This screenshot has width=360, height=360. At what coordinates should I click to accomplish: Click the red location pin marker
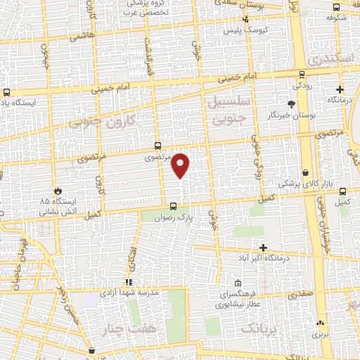tap(181, 165)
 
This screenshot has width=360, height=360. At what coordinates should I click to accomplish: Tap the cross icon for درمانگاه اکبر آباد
tap(264, 247)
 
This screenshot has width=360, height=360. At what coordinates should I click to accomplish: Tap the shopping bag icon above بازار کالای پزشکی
tap(306, 173)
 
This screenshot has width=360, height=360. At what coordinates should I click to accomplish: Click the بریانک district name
tap(260, 328)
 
